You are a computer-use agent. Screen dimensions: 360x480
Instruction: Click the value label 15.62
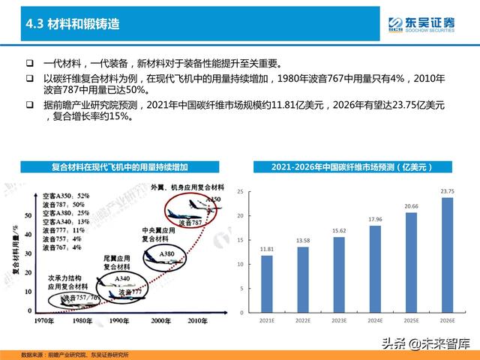click(x=339, y=229)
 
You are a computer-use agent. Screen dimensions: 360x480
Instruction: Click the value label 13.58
click(x=303, y=240)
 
